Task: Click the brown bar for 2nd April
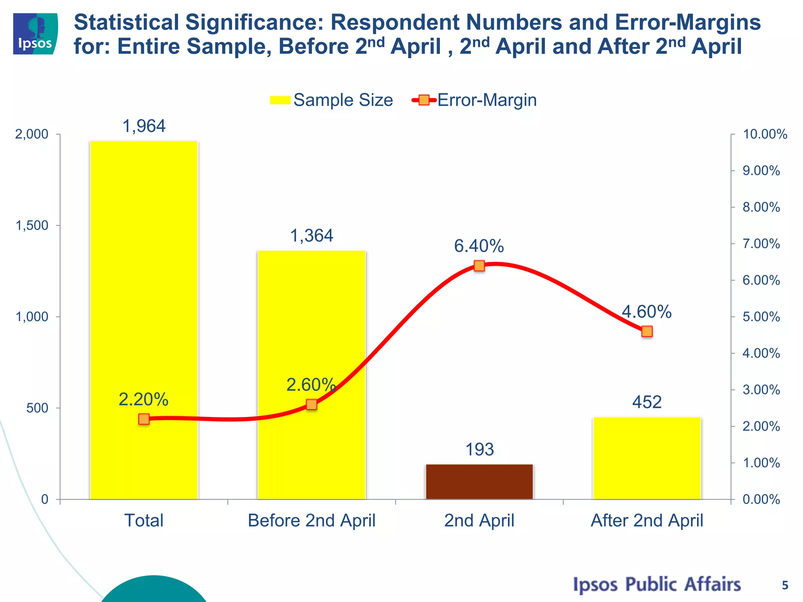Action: tap(479, 482)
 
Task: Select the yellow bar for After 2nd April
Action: tap(647, 458)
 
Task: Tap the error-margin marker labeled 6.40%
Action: tap(479, 266)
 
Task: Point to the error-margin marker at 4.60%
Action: tap(647, 332)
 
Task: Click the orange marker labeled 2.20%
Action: tap(144, 419)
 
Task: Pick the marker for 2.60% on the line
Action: tap(311, 404)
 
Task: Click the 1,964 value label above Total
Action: tap(144, 126)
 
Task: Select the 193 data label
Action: tap(479, 450)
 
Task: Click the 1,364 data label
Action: tap(311, 236)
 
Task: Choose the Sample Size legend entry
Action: tap(332, 100)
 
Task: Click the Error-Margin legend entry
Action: tap(474, 100)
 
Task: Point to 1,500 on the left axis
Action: tap(32, 225)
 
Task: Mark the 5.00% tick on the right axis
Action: tap(761, 317)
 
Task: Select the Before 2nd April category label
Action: tap(311, 521)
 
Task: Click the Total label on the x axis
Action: tap(144, 521)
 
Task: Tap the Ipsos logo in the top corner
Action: tap(35, 34)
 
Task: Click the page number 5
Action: tap(785, 586)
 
